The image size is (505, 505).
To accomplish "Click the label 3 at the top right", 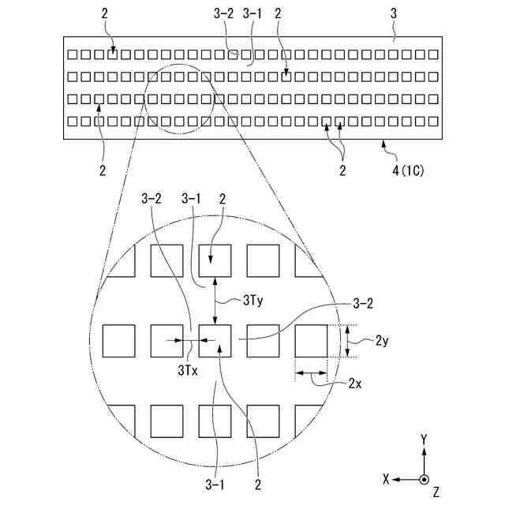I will pos(392,13).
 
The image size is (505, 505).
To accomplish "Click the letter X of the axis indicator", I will pos(386,479).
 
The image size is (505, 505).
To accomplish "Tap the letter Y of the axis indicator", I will pos(425,438).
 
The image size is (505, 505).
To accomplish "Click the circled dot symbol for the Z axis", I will pos(425,479).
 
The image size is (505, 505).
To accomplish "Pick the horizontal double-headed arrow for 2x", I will pos(311,374).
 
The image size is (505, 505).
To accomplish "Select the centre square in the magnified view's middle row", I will pos(215,340).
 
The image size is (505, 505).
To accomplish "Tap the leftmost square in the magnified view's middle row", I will pos(119,340).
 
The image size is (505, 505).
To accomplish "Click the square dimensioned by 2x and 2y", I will pos(311,340).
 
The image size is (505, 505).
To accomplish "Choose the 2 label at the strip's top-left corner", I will pos(105,13).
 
